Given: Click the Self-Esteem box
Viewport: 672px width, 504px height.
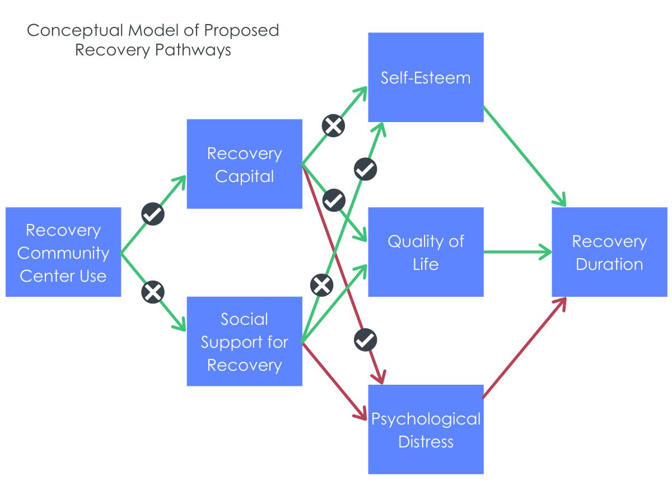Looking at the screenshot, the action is point(426,77).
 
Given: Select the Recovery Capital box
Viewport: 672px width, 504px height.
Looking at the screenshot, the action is point(244,164).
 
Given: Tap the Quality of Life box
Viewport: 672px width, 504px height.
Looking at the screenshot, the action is point(426,252).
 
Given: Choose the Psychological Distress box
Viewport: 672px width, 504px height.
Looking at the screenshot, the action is point(426,430).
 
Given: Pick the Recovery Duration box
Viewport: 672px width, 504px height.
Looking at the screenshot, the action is point(609,252).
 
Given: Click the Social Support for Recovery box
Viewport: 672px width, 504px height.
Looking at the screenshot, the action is point(244,341).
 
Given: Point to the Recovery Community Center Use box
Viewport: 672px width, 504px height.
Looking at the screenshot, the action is point(63,252).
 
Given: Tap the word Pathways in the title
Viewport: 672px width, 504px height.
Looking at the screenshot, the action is point(193,50).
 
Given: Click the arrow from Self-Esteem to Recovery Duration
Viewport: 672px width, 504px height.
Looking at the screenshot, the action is point(524,156).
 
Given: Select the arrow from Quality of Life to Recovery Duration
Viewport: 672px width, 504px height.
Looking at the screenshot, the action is point(517,252).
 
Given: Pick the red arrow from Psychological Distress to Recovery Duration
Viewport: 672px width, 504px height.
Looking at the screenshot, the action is point(524,348).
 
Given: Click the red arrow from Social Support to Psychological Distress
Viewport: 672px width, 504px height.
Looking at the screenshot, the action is point(334,381).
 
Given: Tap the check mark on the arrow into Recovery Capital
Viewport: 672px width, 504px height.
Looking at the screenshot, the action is point(153,214).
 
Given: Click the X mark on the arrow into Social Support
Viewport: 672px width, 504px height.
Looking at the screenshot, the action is point(153,292).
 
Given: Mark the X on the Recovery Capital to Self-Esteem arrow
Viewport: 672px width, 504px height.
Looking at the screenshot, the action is point(333,125).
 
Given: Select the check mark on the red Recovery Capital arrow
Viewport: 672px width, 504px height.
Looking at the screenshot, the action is point(365,340).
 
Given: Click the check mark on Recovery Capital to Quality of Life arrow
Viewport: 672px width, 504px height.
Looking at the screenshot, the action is point(334,200).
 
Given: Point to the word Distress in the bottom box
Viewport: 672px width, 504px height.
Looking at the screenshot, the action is point(426,442).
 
